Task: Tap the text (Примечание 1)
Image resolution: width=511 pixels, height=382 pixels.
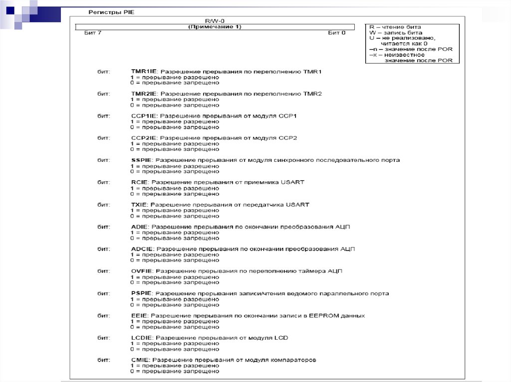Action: [215, 26]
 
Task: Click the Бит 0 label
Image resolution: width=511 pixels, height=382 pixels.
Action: [336, 33]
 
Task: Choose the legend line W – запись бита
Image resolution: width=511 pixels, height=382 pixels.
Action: [395, 33]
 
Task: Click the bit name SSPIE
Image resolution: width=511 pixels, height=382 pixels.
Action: [140, 160]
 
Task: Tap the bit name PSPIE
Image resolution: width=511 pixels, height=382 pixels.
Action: [140, 293]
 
